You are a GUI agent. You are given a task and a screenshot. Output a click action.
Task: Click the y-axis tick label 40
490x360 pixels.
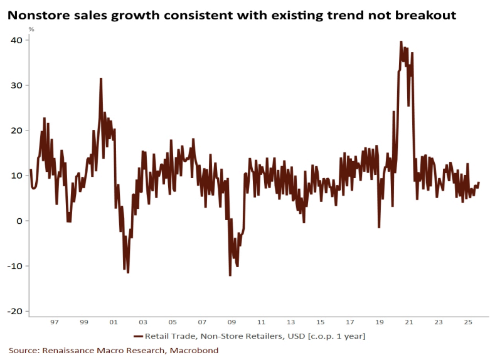(x=17, y=40)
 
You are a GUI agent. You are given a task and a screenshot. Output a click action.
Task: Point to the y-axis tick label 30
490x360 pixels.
(x=17, y=85)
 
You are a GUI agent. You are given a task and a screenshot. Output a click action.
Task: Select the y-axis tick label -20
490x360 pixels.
(x=15, y=312)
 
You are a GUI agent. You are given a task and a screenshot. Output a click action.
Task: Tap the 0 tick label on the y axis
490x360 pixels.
(x=19, y=221)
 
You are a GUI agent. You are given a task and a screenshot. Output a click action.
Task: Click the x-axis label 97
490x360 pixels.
(x=55, y=322)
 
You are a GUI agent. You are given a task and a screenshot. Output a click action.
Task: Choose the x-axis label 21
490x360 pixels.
(x=408, y=322)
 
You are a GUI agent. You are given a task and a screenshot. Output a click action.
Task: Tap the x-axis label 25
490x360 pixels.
(x=467, y=322)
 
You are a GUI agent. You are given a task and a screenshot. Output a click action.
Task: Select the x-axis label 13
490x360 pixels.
(x=290, y=322)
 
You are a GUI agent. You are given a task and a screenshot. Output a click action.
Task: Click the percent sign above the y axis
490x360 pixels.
(x=31, y=29)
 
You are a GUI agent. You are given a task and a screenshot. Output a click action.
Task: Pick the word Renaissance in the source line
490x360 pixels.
(x=72, y=351)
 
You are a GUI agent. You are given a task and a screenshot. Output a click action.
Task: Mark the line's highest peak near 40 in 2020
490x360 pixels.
(x=401, y=42)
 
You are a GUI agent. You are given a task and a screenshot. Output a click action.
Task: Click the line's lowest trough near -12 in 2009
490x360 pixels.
(x=230, y=275)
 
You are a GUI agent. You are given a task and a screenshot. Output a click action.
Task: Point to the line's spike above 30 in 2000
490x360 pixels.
(x=100, y=79)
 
